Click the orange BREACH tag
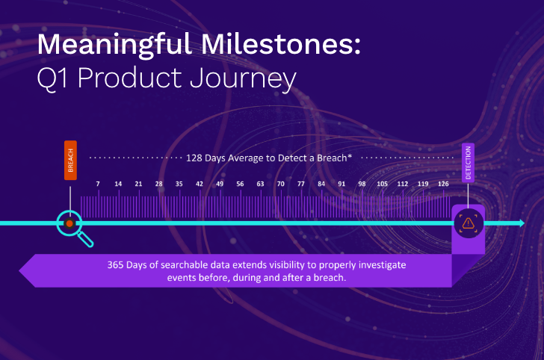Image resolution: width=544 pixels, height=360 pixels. coord(70,160)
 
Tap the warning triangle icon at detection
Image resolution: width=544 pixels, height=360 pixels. coord(469,223)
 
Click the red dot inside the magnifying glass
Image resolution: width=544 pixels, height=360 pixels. coord(69,223)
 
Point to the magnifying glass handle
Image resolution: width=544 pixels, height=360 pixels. coord(87,240)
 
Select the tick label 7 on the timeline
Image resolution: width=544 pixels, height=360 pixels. coord(98,184)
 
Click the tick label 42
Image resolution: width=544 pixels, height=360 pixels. coord(200,184)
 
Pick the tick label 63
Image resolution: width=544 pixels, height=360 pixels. coord(260,184)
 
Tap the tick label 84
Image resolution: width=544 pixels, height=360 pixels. coord(321,184)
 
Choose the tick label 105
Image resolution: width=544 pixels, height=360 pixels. coord(382,184)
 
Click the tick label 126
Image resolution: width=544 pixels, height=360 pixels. coord(443,184)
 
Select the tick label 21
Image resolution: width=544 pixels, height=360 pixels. coord(138,184)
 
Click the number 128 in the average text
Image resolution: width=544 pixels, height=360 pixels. coord(196,158)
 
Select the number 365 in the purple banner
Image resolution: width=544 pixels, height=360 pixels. coord(117,265)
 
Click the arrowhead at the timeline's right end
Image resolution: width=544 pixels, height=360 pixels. coord(520,223)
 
